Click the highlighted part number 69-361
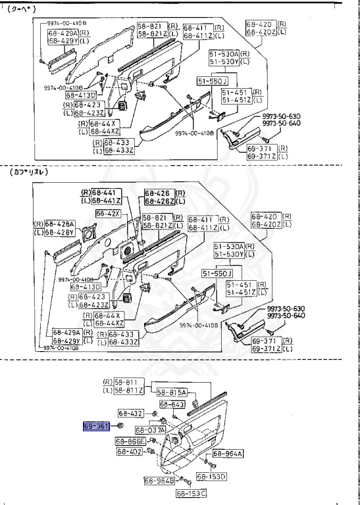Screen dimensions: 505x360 click(95, 426)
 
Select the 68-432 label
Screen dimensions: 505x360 click(131, 414)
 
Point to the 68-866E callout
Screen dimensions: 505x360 click(131, 441)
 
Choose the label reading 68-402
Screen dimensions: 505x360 click(130, 452)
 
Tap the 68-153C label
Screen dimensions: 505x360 click(191, 493)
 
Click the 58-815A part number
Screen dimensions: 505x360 click(173, 392)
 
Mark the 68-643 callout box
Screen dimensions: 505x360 click(171, 405)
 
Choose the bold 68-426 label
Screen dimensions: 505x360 click(158, 193)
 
